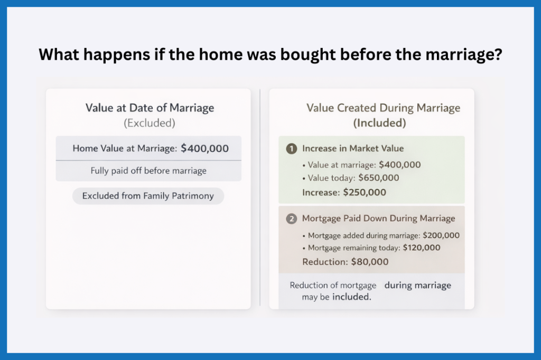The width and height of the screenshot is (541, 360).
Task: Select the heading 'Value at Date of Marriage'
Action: (x=150, y=108)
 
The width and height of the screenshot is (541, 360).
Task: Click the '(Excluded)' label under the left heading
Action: (x=150, y=123)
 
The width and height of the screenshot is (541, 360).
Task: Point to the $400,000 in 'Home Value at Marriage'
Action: (x=204, y=148)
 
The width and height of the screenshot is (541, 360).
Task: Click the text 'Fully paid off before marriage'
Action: (x=148, y=170)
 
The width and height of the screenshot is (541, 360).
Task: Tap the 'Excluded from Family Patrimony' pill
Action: (x=148, y=196)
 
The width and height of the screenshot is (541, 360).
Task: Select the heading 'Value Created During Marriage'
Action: (x=383, y=108)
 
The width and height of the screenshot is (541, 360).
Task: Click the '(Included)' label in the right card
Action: (x=379, y=123)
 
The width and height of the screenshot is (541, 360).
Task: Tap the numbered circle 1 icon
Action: (x=291, y=149)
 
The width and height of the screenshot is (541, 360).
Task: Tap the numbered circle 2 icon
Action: (x=291, y=219)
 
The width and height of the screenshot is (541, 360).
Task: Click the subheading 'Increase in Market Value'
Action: (x=352, y=149)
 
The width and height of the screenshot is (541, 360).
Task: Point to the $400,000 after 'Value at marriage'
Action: (x=400, y=165)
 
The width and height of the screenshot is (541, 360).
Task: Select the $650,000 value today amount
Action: (x=378, y=178)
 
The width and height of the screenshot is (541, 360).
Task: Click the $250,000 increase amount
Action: (x=365, y=192)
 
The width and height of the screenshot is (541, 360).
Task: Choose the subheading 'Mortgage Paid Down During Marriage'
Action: (x=378, y=219)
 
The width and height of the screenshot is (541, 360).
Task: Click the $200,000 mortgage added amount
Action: (x=441, y=235)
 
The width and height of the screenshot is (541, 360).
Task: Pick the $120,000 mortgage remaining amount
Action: (x=422, y=248)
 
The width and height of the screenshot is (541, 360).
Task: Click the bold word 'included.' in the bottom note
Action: (x=352, y=297)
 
